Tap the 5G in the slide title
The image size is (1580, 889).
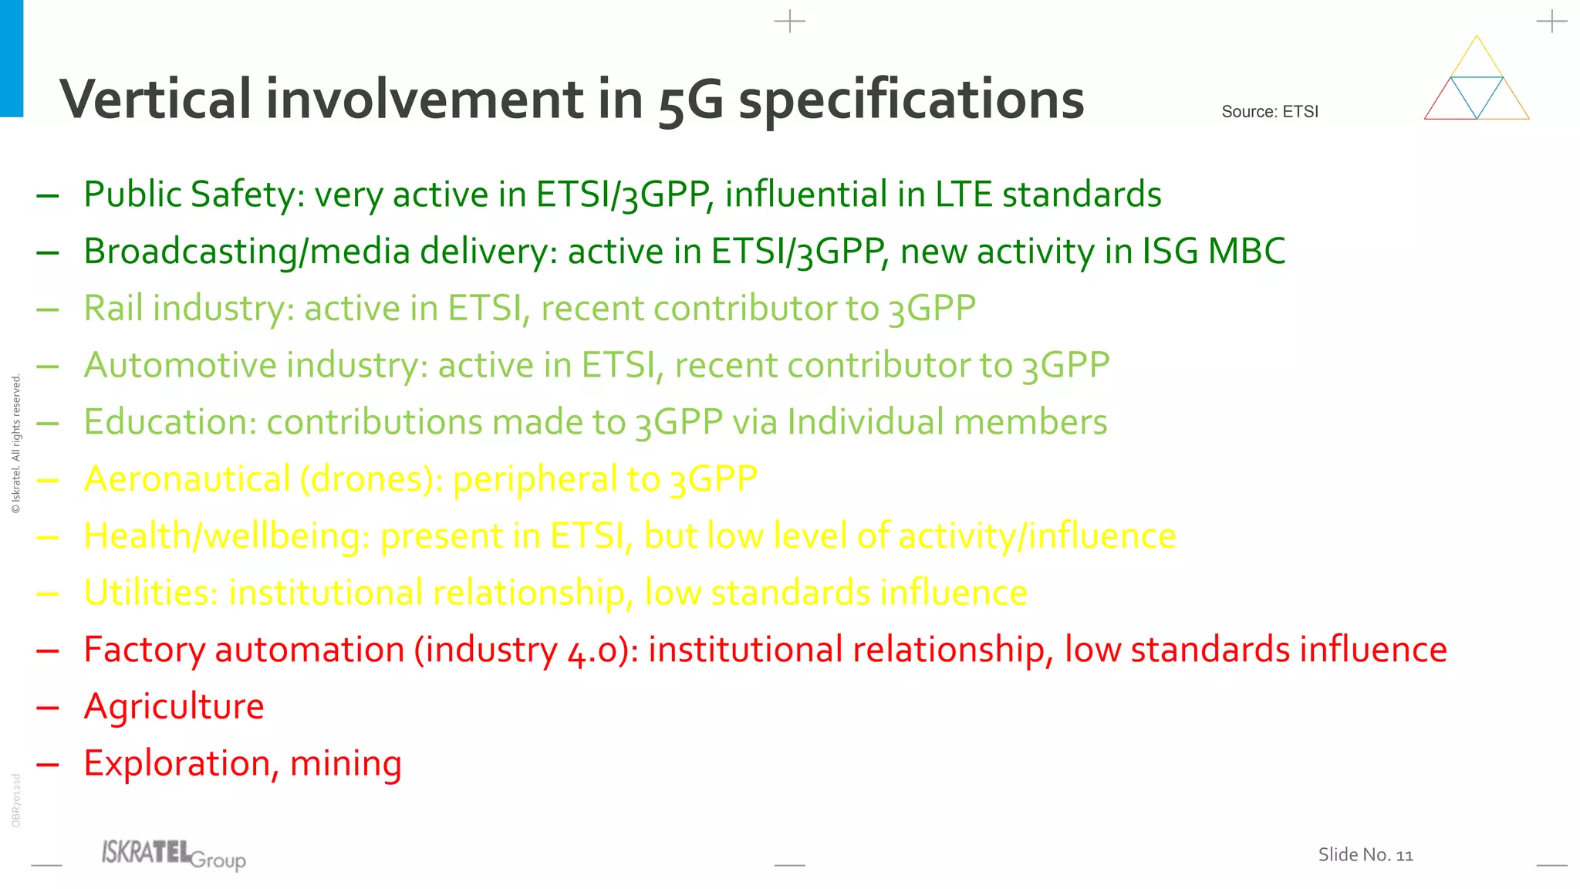tap(691, 101)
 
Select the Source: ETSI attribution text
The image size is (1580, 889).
tap(1270, 112)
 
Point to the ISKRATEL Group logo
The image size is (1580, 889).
tap(174, 855)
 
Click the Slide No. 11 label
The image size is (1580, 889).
tap(1365, 855)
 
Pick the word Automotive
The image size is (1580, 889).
tap(180, 366)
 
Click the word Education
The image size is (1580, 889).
tap(170, 422)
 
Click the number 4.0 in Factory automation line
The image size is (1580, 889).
tap(592, 651)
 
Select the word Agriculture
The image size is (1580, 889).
tap(174, 707)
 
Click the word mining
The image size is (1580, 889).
tap(346, 764)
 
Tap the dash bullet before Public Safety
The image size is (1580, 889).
tap(48, 195)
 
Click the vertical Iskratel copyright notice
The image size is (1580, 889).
tap(16, 444)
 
